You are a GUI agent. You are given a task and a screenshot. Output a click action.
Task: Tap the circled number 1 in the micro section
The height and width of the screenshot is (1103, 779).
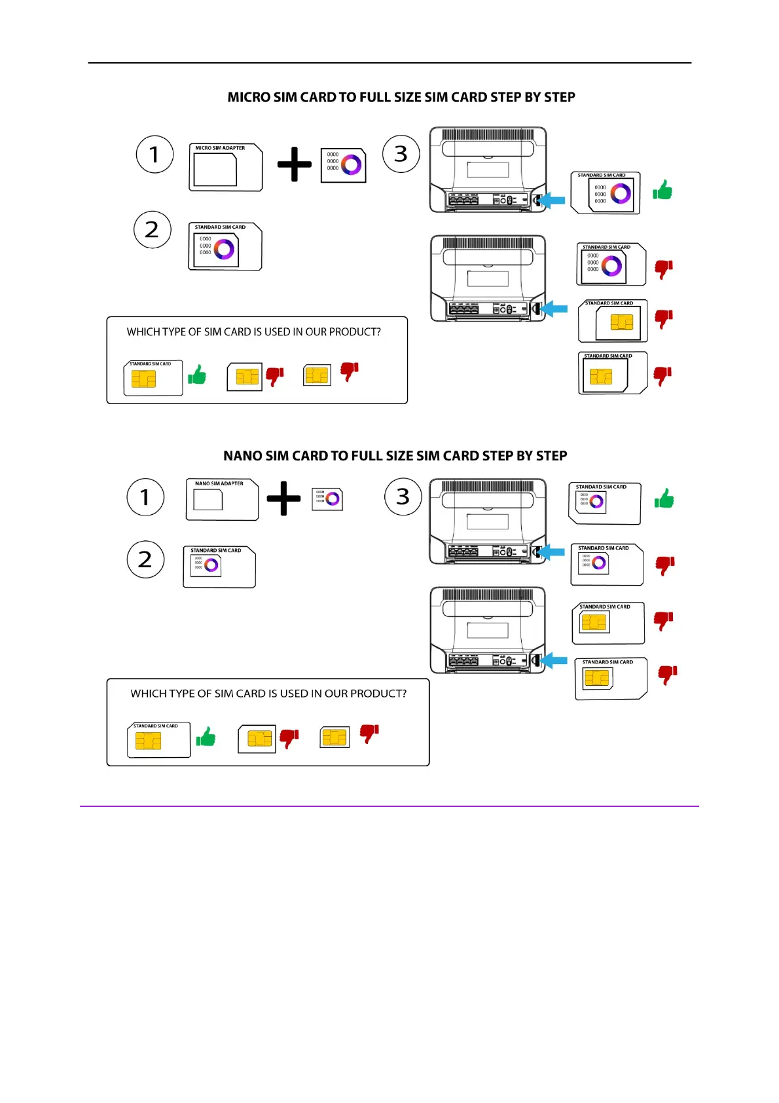(x=154, y=155)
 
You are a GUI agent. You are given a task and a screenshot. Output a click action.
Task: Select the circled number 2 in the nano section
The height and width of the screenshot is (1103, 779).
(x=145, y=559)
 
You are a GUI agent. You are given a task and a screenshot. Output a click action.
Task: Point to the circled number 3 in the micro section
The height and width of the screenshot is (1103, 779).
(x=401, y=154)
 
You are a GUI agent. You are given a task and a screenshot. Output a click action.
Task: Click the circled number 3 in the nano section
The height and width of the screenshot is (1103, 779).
(x=403, y=496)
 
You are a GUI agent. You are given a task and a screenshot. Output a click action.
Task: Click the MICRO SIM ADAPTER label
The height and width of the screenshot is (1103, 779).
(x=220, y=148)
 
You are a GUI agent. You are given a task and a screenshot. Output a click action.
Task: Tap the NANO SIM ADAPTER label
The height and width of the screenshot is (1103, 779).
(x=219, y=483)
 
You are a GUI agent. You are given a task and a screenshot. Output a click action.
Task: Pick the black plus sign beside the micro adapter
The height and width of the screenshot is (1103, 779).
(x=295, y=164)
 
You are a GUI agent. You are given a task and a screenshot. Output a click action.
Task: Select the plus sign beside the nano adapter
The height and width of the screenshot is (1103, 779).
(x=283, y=498)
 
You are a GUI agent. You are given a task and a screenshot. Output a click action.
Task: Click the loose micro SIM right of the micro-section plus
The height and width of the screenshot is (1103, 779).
(x=343, y=165)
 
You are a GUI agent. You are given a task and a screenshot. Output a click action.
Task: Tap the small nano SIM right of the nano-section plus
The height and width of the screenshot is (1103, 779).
(x=327, y=499)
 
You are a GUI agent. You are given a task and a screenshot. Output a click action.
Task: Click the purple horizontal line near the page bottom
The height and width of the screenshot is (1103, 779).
(x=389, y=806)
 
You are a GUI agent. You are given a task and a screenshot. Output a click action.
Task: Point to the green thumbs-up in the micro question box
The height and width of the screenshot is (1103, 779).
(x=197, y=375)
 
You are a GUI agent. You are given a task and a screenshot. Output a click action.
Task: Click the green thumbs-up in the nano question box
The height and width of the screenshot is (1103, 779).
(x=206, y=737)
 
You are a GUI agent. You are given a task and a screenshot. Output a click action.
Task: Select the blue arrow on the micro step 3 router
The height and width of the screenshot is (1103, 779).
(x=553, y=200)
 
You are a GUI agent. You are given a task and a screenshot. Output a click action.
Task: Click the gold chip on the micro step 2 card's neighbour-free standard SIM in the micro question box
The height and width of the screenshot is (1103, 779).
(x=143, y=379)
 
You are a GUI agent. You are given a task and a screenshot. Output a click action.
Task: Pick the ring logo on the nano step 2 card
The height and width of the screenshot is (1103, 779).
(x=211, y=565)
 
